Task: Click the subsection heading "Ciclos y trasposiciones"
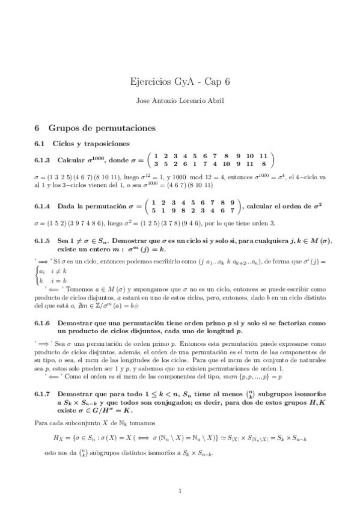[x=90, y=144]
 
